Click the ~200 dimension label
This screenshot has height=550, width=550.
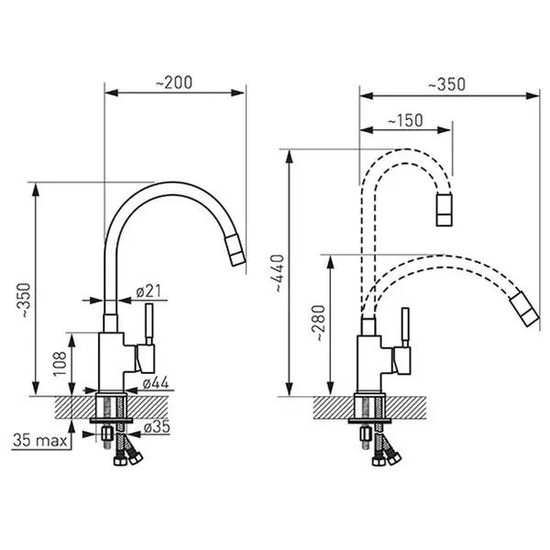tap(174, 82)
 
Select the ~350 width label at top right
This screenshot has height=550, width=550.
tap(446, 83)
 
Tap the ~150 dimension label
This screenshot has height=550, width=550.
tap(404, 120)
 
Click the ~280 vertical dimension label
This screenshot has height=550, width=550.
tap(316, 324)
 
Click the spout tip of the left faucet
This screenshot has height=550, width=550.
tap(237, 254)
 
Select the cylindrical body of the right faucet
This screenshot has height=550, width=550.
tap(369, 361)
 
